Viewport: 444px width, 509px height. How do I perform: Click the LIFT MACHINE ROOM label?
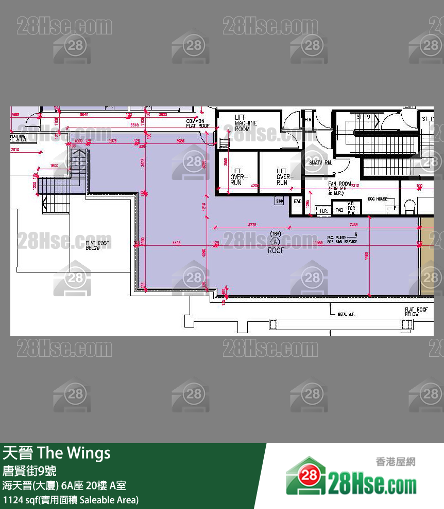[246, 123]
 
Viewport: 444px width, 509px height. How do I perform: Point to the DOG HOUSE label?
[378, 199]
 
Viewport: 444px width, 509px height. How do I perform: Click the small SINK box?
[280, 201]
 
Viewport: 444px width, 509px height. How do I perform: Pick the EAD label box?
[297, 202]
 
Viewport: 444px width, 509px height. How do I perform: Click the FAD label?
[339, 210]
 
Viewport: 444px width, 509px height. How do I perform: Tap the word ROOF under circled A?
[276, 251]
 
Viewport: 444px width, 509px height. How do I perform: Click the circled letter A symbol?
[276, 242]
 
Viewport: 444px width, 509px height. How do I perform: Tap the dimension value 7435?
[353, 225]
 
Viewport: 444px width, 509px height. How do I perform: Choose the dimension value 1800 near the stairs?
[54, 166]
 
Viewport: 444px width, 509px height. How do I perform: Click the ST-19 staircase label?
[363, 117]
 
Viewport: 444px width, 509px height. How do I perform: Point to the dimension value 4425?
[176, 243]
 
